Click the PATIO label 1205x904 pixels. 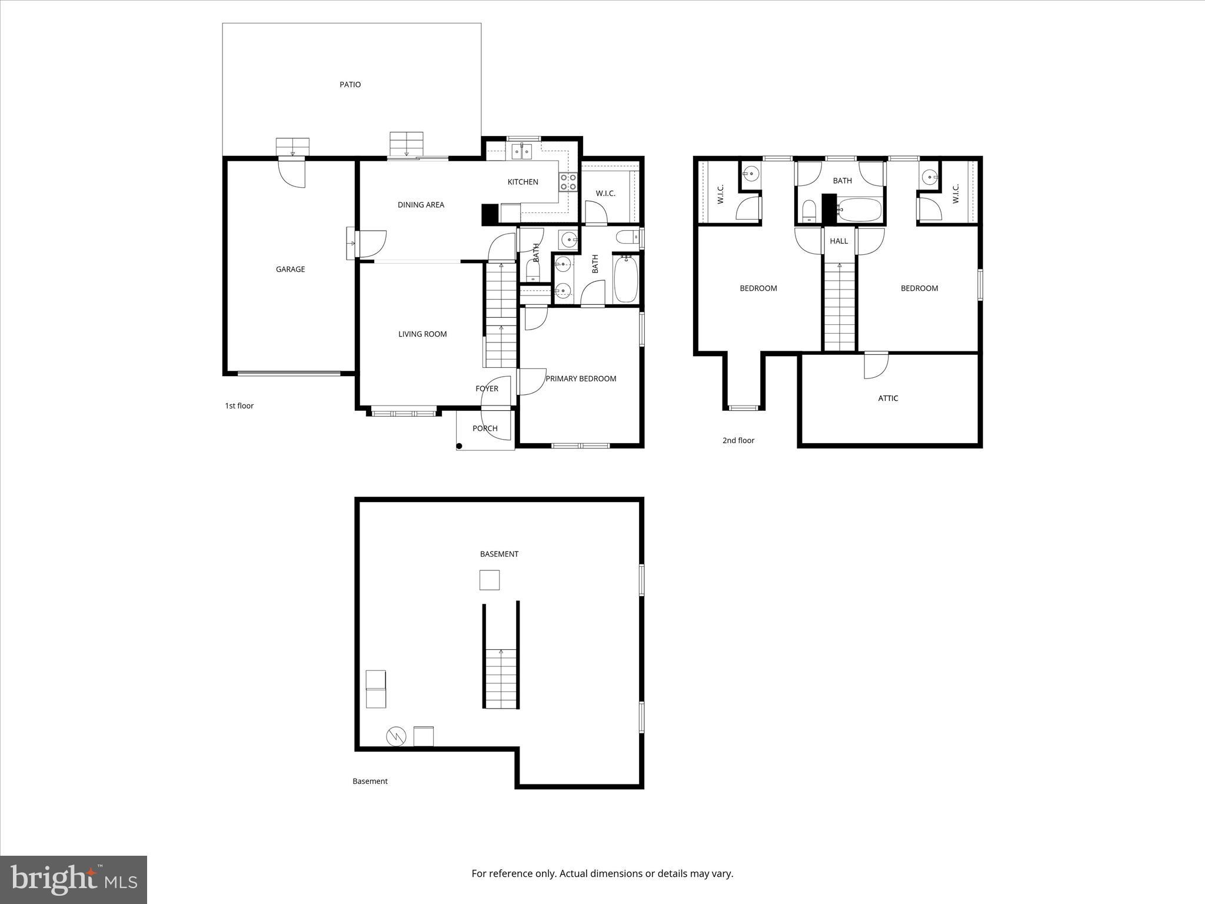coord(350,85)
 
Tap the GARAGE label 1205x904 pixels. coord(290,270)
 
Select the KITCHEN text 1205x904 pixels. coord(522,182)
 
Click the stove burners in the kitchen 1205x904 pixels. coord(568,182)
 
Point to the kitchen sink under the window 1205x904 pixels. coord(522,152)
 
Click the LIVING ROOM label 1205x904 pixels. coord(422,334)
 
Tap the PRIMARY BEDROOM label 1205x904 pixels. coord(581,379)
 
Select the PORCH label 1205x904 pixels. coord(485,428)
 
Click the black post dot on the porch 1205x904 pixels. coord(460,446)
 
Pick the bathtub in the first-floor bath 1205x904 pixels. coord(625,279)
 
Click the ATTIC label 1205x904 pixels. coord(888,398)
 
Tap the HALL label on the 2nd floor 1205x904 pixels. coord(838,241)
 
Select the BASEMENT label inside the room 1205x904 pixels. coord(499,554)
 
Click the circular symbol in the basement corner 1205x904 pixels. coord(396,736)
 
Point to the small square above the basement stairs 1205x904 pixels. coord(490,580)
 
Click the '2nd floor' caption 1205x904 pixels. coord(738,441)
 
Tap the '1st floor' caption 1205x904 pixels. coord(239,406)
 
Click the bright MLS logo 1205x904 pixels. coord(74,880)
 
